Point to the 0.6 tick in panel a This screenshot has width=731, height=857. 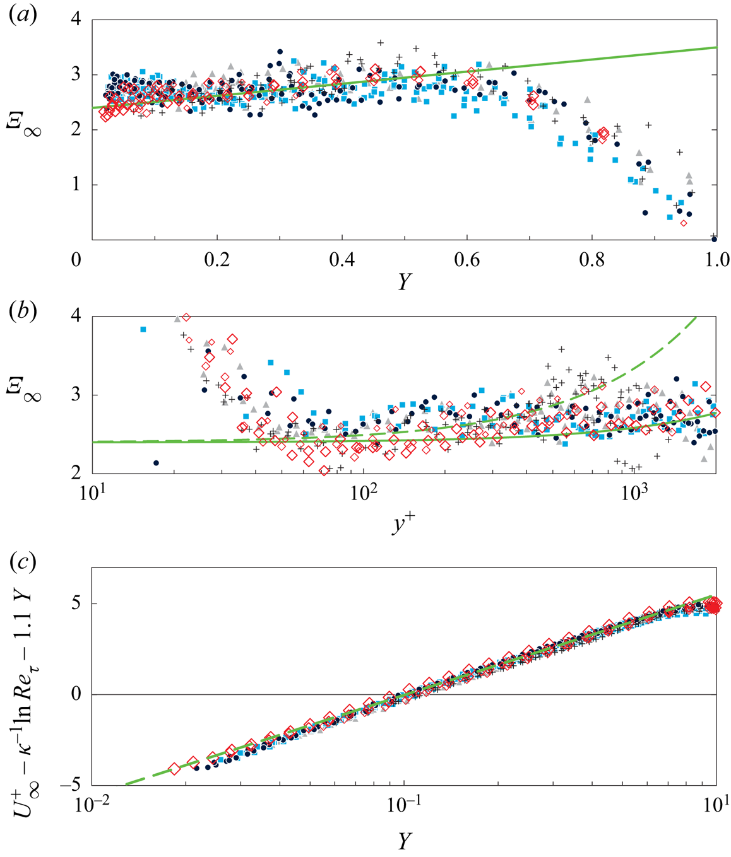pyautogui.click(x=467, y=260)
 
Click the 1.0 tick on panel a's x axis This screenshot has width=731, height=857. pyautogui.click(x=716, y=260)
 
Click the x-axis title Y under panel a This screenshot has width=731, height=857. pyautogui.click(x=404, y=282)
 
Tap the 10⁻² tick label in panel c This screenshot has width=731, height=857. pyautogui.click(x=92, y=808)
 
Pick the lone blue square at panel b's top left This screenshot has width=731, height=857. pyautogui.click(x=143, y=329)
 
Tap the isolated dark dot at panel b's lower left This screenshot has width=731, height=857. pyautogui.click(x=156, y=463)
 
